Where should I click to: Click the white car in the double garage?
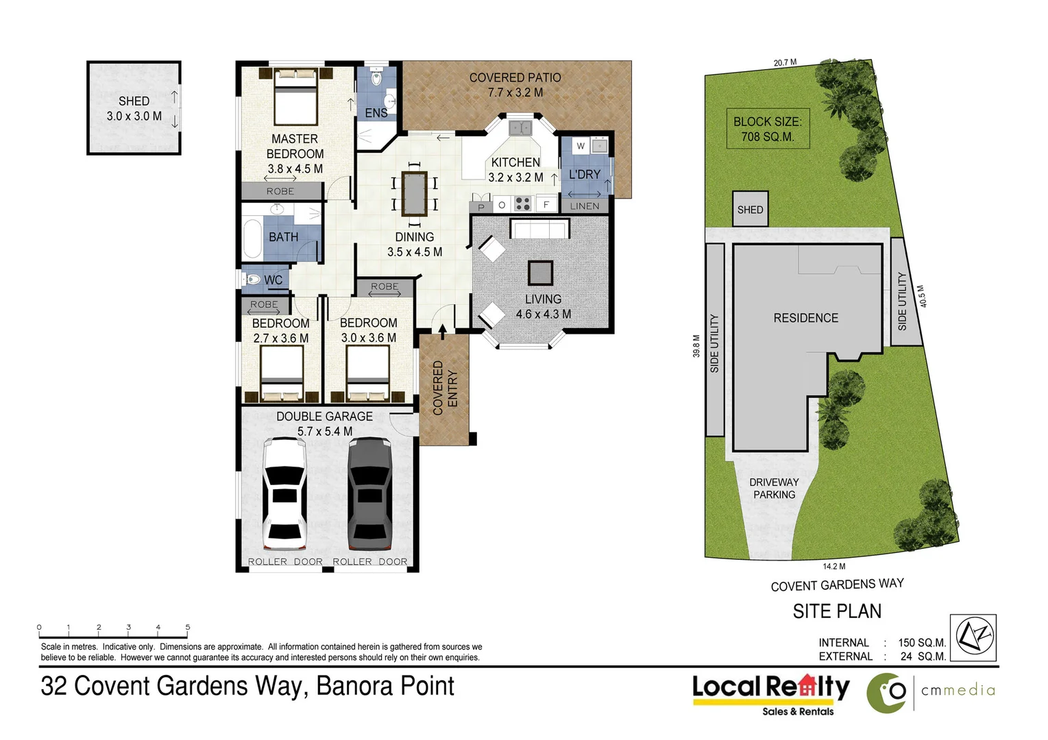tap(284, 493)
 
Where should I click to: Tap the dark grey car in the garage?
tap(369, 493)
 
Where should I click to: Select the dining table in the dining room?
tap(415, 194)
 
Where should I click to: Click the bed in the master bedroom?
tap(295, 97)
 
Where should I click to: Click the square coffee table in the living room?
tap(540, 273)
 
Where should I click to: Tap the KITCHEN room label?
tap(515, 162)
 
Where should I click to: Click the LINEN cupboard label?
tap(585, 206)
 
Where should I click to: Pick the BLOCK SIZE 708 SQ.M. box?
tap(768, 129)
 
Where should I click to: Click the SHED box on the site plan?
tap(750, 209)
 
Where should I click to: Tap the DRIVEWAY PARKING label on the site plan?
tap(775, 489)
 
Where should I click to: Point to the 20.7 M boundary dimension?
tap(785, 62)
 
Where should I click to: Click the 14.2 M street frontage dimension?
tap(834, 567)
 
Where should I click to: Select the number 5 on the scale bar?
tap(188, 627)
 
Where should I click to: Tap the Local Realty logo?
tap(770, 695)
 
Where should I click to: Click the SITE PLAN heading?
tap(837, 611)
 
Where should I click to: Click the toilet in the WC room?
tap(252, 280)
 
